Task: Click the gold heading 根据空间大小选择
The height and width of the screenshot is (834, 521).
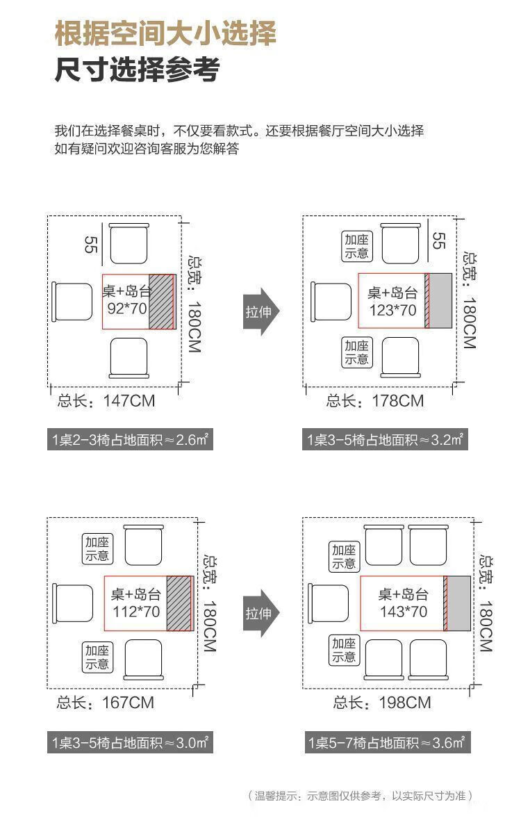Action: pos(165,33)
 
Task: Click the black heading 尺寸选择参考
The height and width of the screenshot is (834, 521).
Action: pos(138,69)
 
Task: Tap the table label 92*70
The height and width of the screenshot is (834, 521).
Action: pos(127,309)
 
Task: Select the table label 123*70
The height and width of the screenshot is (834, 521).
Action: pos(392,310)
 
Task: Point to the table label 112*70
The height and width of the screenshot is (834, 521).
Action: pos(136,612)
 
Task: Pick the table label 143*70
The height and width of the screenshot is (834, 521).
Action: pos(404,612)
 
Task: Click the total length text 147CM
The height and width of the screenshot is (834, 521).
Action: pos(129,401)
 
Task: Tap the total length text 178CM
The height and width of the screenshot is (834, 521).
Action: pos(398,401)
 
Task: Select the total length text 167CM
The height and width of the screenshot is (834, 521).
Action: pos(128,703)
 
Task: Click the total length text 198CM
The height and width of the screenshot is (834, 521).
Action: pos(405,703)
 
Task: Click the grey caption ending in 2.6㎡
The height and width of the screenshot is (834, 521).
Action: pos(130,440)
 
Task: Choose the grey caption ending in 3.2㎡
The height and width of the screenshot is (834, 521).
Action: pos(385,440)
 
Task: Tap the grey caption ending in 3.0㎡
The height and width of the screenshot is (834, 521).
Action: pos(130,743)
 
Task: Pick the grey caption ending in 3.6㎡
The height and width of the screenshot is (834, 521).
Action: pos(388,743)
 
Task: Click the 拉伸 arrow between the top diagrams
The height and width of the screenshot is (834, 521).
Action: pos(261,311)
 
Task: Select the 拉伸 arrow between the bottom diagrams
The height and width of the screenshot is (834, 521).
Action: pos(261,613)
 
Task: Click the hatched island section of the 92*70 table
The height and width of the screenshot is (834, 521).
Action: pos(161,302)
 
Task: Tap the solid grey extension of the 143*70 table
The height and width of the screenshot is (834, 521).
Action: pos(459,603)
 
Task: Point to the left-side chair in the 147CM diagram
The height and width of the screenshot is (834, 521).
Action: pos(72,302)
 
